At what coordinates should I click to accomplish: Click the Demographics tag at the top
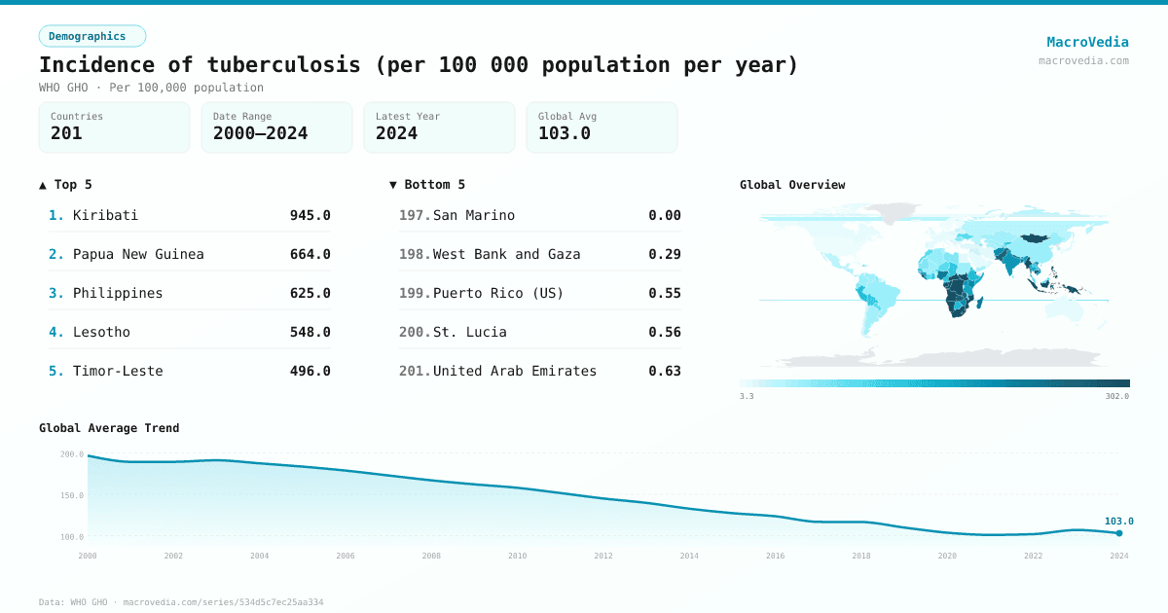pos(91,36)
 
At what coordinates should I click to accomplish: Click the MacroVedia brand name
pos(1087,42)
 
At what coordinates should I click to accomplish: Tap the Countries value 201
pos(66,133)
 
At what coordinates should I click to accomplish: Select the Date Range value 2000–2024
pos(260,133)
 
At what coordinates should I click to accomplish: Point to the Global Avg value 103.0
pos(565,133)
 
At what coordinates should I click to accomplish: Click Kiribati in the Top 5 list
pos(105,215)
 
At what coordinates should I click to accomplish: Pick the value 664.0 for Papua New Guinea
pos(310,254)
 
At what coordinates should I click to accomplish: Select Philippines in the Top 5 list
pos(118,293)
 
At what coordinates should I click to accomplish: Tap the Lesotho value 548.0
pos(310,332)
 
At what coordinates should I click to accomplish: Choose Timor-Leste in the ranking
pos(118,371)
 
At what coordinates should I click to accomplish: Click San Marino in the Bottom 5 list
pos(474,215)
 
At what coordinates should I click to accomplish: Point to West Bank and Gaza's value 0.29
pos(665,254)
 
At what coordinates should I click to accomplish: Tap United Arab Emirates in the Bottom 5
pos(515,371)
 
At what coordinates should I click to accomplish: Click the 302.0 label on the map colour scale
pos(1116,397)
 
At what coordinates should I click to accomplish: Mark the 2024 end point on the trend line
pos(1119,533)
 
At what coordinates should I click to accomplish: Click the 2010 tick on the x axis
pos(517,556)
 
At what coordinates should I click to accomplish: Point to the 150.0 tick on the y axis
pos(72,495)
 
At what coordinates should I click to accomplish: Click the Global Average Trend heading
pos(109,428)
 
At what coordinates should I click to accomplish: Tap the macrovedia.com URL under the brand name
pos(1083,60)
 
